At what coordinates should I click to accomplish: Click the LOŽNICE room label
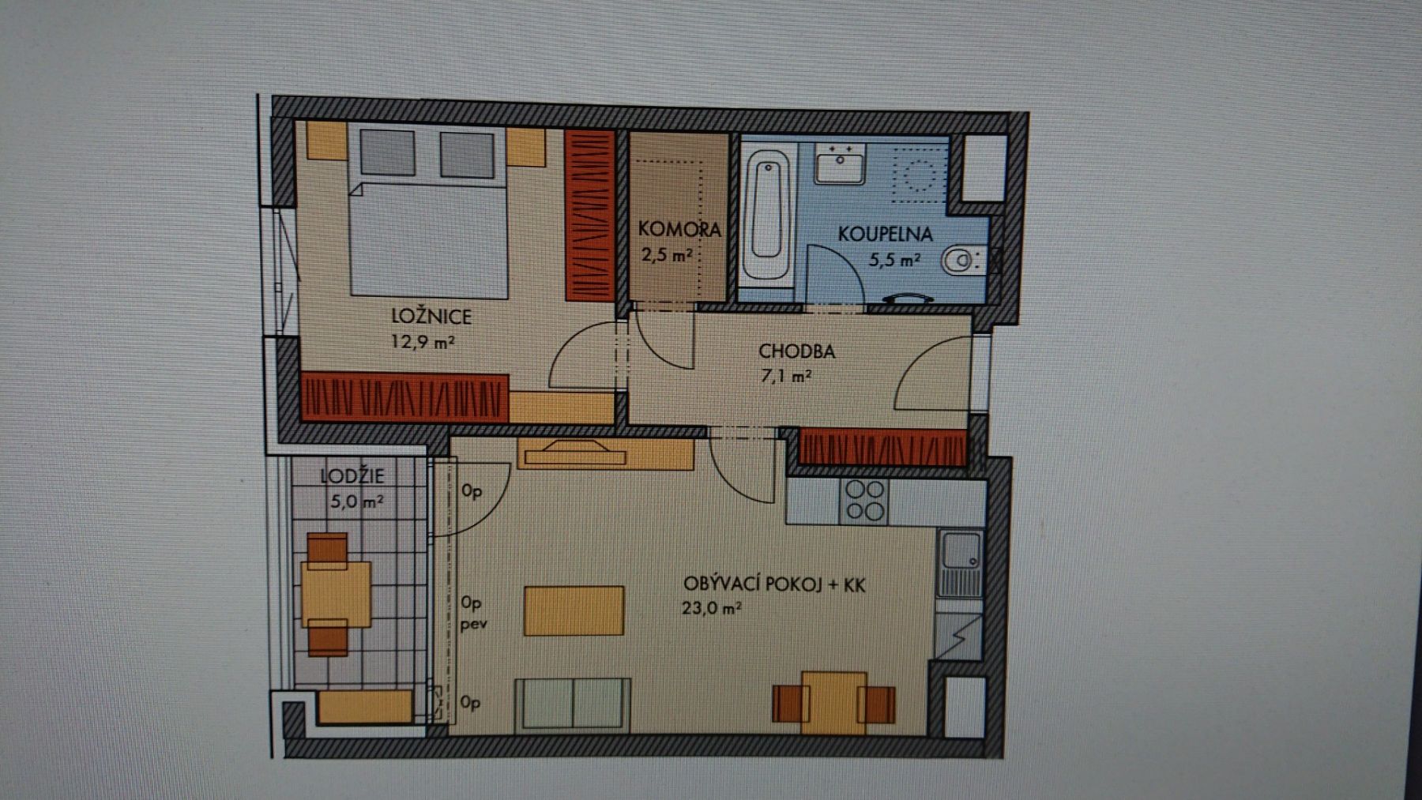click(x=431, y=317)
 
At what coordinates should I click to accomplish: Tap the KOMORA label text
click(x=679, y=229)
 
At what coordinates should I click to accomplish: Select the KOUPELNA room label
click(x=885, y=234)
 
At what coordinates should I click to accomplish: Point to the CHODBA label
click(x=796, y=351)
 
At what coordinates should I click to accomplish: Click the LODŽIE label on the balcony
click(x=352, y=475)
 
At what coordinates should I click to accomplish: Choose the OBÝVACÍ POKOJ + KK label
click(x=774, y=584)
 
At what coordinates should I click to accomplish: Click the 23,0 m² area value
click(x=711, y=608)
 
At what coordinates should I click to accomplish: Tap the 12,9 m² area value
click(x=423, y=342)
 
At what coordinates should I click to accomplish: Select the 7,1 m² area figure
click(x=786, y=376)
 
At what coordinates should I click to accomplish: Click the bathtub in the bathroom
click(x=767, y=214)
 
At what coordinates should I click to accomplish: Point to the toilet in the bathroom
click(x=961, y=259)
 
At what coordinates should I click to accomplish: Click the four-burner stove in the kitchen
click(x=865, y=500)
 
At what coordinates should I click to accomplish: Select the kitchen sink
click(x=960, y=564)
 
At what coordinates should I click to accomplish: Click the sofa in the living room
click(x=573, y=705)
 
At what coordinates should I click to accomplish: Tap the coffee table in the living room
click(x=574, y=610)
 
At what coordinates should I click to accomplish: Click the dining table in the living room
click(x=834, y=702)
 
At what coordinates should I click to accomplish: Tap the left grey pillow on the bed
click(x=387, y=152)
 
